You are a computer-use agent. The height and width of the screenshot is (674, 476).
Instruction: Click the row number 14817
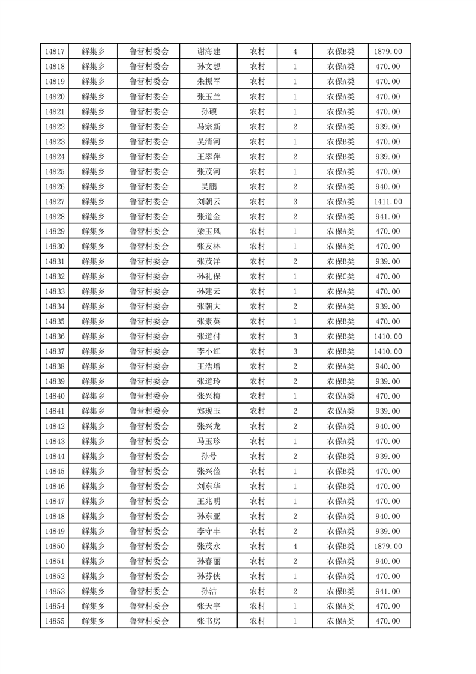(55, 52)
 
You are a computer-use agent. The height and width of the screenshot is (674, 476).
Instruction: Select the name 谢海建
(209, 52)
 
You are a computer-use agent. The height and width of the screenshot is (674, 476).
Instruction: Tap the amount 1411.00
(388, 202)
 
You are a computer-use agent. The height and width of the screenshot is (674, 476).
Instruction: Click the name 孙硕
(209, 112)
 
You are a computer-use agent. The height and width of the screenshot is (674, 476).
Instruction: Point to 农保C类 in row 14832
(340, 276)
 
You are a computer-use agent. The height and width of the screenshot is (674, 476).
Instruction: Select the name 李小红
(209, 351)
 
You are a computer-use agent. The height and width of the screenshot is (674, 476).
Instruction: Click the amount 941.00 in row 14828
(388, 216)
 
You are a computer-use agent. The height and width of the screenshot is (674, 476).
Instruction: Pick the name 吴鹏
(209, 187)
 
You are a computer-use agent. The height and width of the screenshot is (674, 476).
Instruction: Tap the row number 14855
(55, 621)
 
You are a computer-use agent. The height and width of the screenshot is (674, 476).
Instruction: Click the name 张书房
(209, 621)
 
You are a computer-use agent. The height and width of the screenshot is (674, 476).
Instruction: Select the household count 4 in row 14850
(295, 546)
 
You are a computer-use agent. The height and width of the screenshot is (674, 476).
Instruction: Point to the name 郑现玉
(209, 411)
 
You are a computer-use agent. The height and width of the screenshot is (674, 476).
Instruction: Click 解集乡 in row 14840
(93, 396)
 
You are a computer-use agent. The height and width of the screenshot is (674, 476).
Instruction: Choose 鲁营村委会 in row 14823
(149, 142)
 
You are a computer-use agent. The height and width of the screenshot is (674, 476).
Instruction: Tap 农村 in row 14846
(258, 486)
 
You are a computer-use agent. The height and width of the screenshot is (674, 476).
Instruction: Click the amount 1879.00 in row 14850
(388, 546)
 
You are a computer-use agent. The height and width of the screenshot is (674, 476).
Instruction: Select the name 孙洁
(209, 591)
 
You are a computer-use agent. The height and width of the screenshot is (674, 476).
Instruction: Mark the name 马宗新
(209, 127)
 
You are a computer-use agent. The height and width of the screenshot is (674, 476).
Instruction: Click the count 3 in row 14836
(295, 336)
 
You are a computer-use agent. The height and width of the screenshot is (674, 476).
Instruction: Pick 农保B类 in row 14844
(340, 456)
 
